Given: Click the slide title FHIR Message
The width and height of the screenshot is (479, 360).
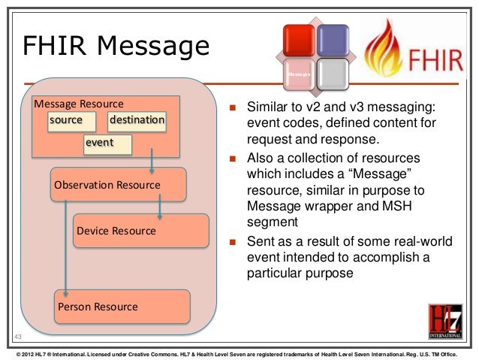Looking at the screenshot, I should point(115,46).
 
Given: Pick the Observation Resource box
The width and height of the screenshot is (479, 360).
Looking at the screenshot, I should point(106,185).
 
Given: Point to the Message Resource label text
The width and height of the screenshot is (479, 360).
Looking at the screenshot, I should point(79,103).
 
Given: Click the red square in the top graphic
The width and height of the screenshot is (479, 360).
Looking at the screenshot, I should point(297,41).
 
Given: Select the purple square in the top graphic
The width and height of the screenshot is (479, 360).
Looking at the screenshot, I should point(332,41).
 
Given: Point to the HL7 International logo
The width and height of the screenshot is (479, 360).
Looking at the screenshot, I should point(445,322).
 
